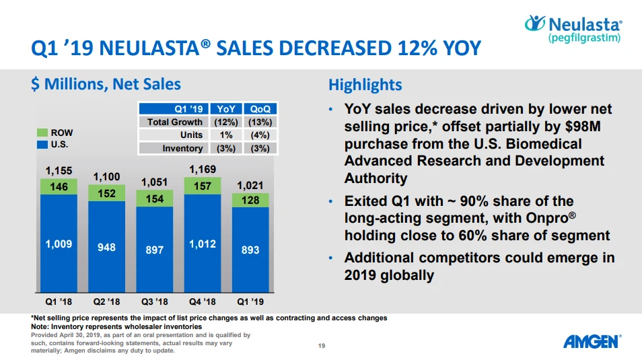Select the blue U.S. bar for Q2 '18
point(106,247)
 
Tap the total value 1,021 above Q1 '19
point(250,186)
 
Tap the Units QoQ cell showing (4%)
point(259,135)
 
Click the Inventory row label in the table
point(182,148)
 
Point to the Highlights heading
point(365,85)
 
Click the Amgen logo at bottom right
point(590,342)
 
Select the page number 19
point(322,346)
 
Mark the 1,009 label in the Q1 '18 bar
point(59,243)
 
